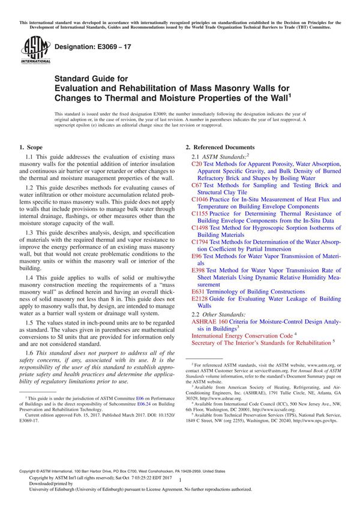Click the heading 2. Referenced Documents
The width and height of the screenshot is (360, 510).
point(220,147)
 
